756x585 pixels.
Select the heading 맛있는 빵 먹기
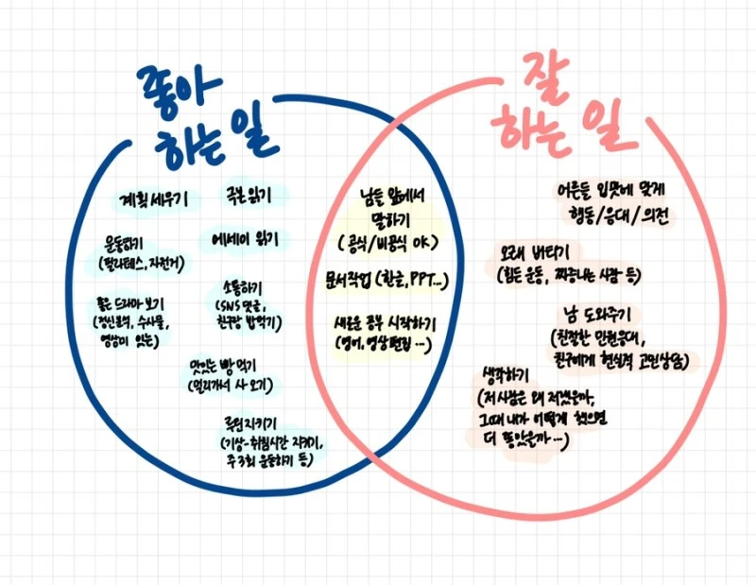(x=223, y=364)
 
